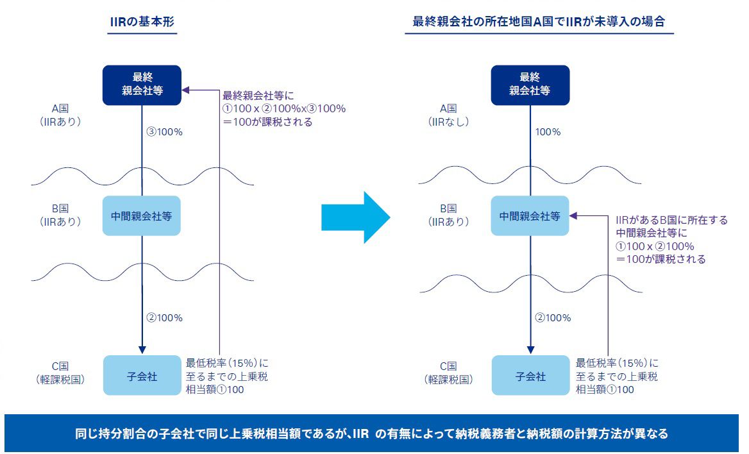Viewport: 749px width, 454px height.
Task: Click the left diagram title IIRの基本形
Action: tap(142, 21)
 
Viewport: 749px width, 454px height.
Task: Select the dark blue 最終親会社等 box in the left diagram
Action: tap(142, 85)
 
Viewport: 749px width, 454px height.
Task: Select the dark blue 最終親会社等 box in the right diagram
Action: tap(530, 85)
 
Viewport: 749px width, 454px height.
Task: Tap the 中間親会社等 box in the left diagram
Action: tap(142, 216)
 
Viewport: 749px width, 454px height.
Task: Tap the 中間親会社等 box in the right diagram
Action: tap(530, 216)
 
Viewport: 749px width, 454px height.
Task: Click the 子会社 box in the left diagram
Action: tap(142, 376)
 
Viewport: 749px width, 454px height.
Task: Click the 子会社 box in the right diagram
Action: tap(530, 376)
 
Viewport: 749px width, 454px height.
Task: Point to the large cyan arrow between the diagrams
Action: tap(355, 217)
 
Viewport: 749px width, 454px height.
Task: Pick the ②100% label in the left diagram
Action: tap(166, 317)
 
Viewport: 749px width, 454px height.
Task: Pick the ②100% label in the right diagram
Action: tap(554, 317)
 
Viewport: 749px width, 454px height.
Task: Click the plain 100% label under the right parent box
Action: tap(548, 132)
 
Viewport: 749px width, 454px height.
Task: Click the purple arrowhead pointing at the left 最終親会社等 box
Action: tap(187, 90)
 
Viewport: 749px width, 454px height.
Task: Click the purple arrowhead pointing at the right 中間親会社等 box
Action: tap(574, 217)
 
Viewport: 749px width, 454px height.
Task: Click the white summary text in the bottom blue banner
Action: tap(371, 434)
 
